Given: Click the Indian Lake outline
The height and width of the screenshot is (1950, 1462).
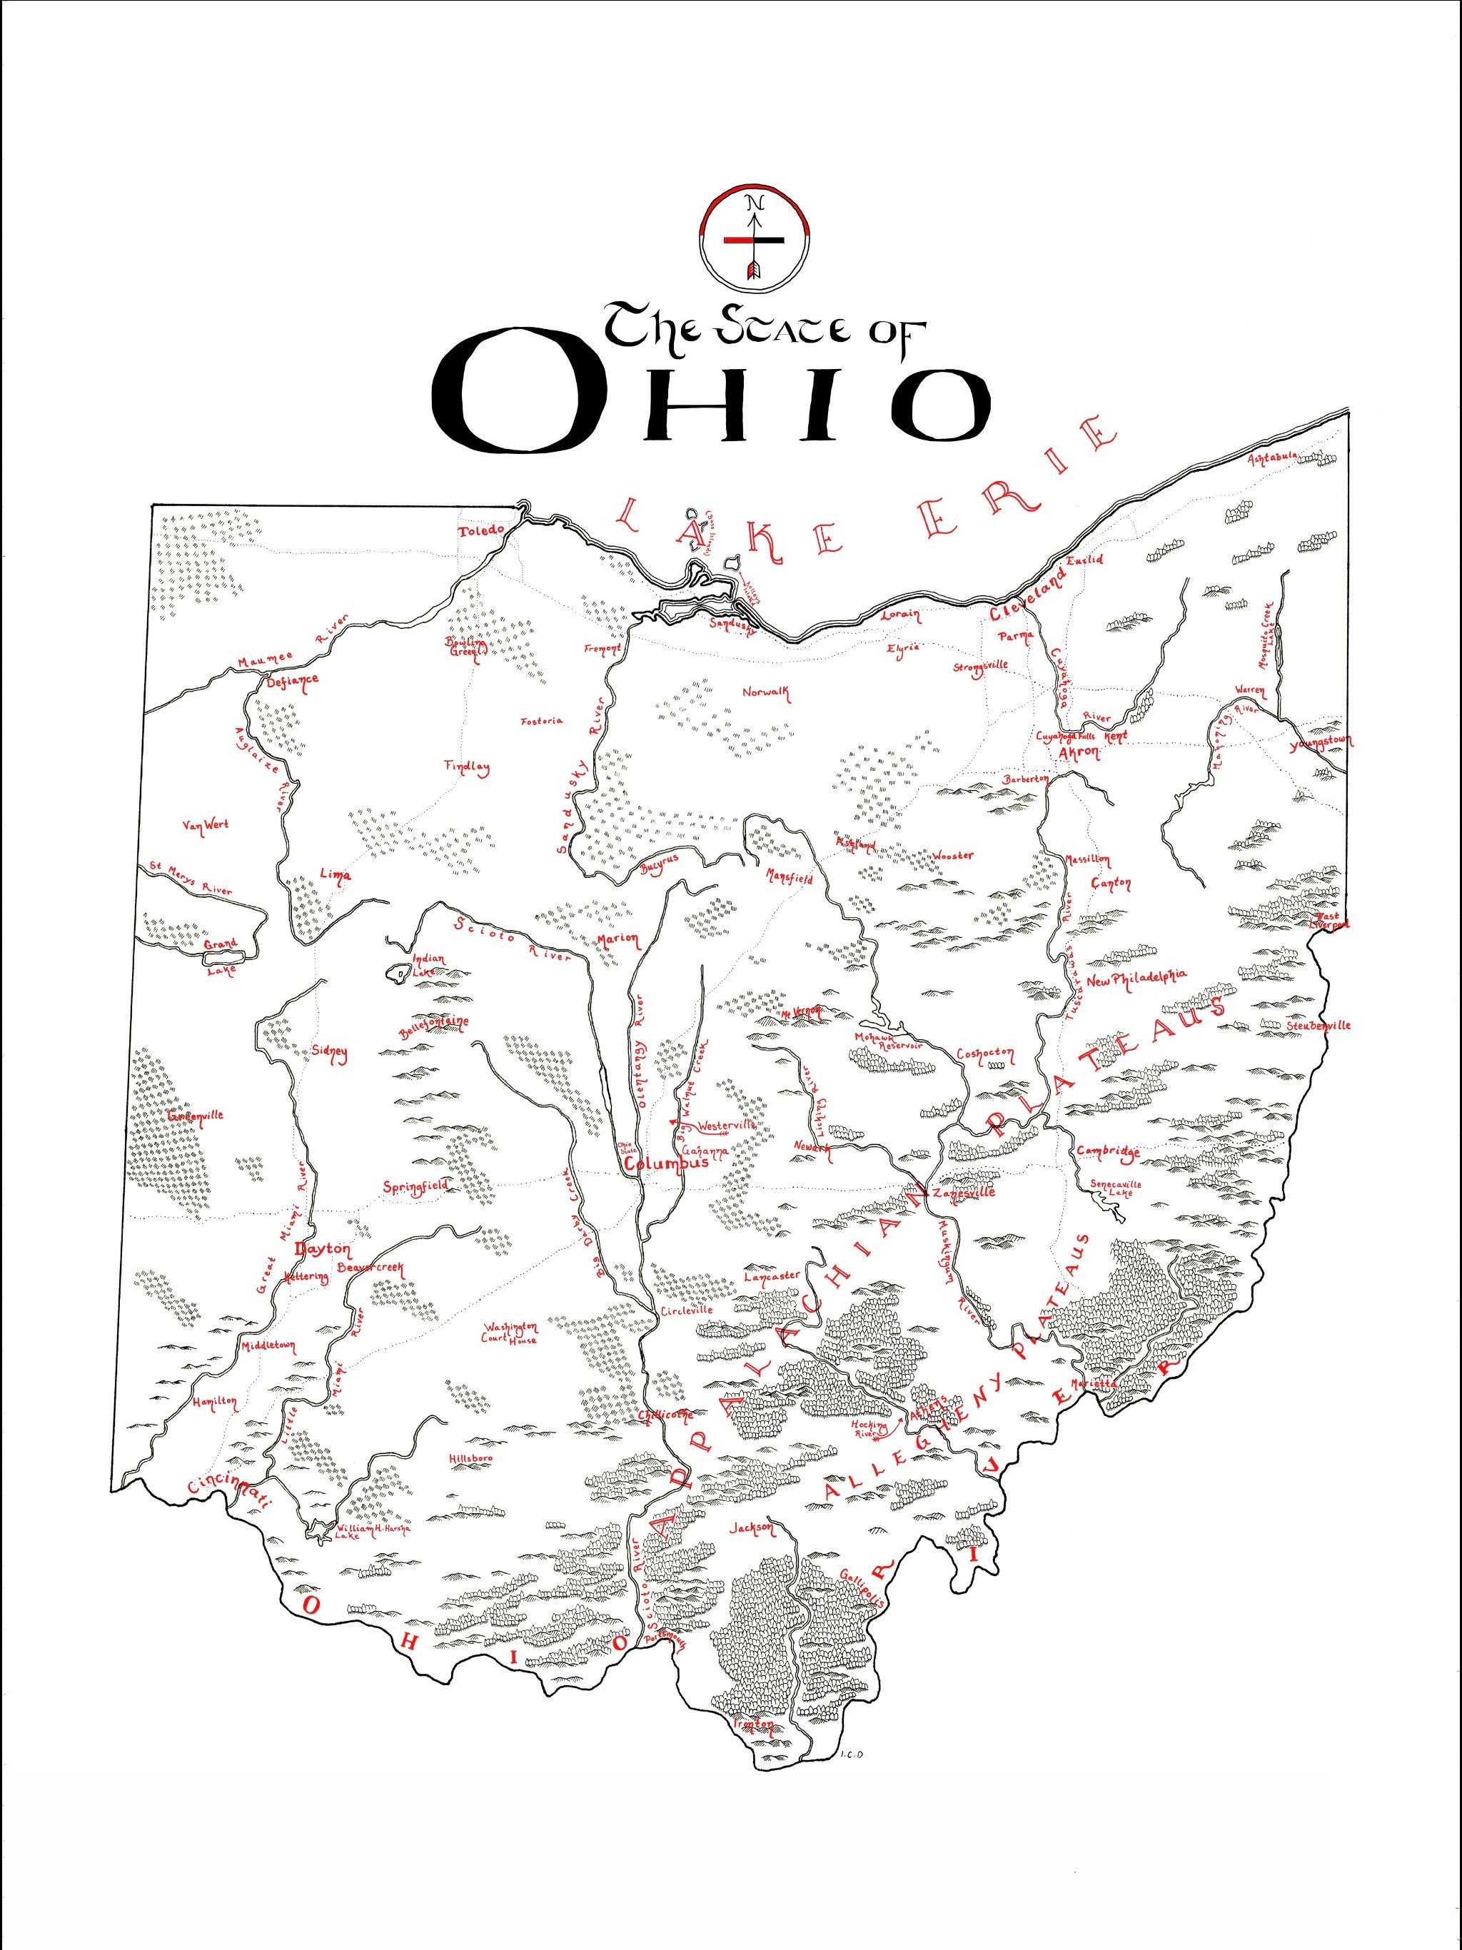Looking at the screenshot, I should click(x=398, y=974).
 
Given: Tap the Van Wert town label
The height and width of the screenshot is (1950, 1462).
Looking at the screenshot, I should click(x=205, y=825).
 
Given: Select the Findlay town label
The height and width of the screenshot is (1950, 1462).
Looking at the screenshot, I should click(x=468, y=767).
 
